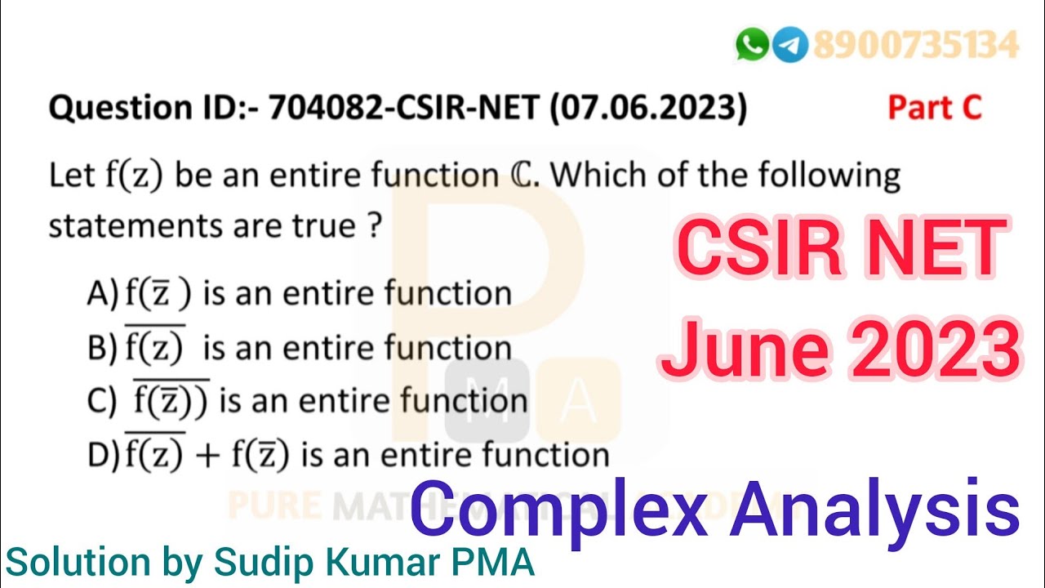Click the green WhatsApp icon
point(751,44)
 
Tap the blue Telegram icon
point(789,44)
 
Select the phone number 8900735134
point(915,45)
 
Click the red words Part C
point(935,108)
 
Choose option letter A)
point(103,293)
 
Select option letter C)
point(103,403)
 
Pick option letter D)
point(103,456)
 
